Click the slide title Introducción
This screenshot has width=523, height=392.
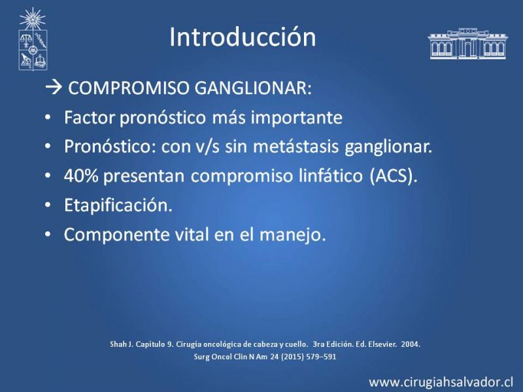(243, 37)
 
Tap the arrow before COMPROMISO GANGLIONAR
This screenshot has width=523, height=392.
(54, 88)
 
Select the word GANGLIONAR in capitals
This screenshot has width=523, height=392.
(253, 88)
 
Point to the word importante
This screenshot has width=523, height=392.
(297, 118)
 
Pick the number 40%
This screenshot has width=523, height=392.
(81, 176)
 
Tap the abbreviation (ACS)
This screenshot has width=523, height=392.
(394, 176)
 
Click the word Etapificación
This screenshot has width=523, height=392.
(118, 205)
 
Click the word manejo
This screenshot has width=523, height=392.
(292, 235)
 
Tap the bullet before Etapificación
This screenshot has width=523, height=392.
(48, 205)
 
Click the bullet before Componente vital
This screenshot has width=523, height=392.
(48, 235)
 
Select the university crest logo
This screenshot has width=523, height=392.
(33, 39)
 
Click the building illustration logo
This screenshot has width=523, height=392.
(467, 44)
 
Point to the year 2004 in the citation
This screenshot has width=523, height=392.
(411, 344)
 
